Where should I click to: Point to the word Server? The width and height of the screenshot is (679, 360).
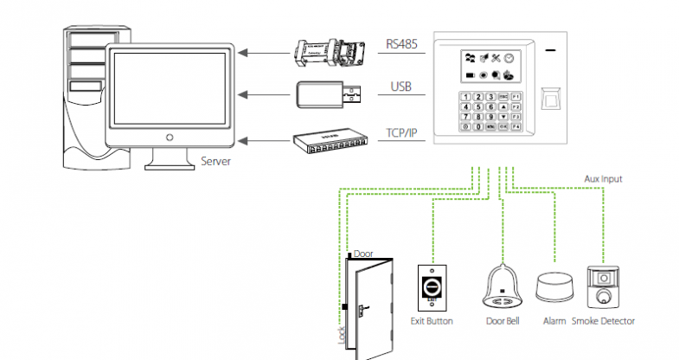(x=215, y=161)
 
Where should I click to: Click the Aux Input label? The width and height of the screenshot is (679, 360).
(x=603, y=179)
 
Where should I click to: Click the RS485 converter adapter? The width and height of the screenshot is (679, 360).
(x=328, y=52)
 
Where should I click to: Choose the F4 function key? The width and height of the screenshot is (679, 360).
(x=516, y=126)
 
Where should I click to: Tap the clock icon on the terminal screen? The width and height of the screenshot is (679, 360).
(x=509, y=59)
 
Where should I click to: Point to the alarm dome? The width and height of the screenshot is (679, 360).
(x=553, y=288)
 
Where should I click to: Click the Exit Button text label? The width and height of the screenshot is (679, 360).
(x=431, y=321)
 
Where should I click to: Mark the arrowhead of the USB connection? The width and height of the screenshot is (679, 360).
(x=244, y=93)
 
